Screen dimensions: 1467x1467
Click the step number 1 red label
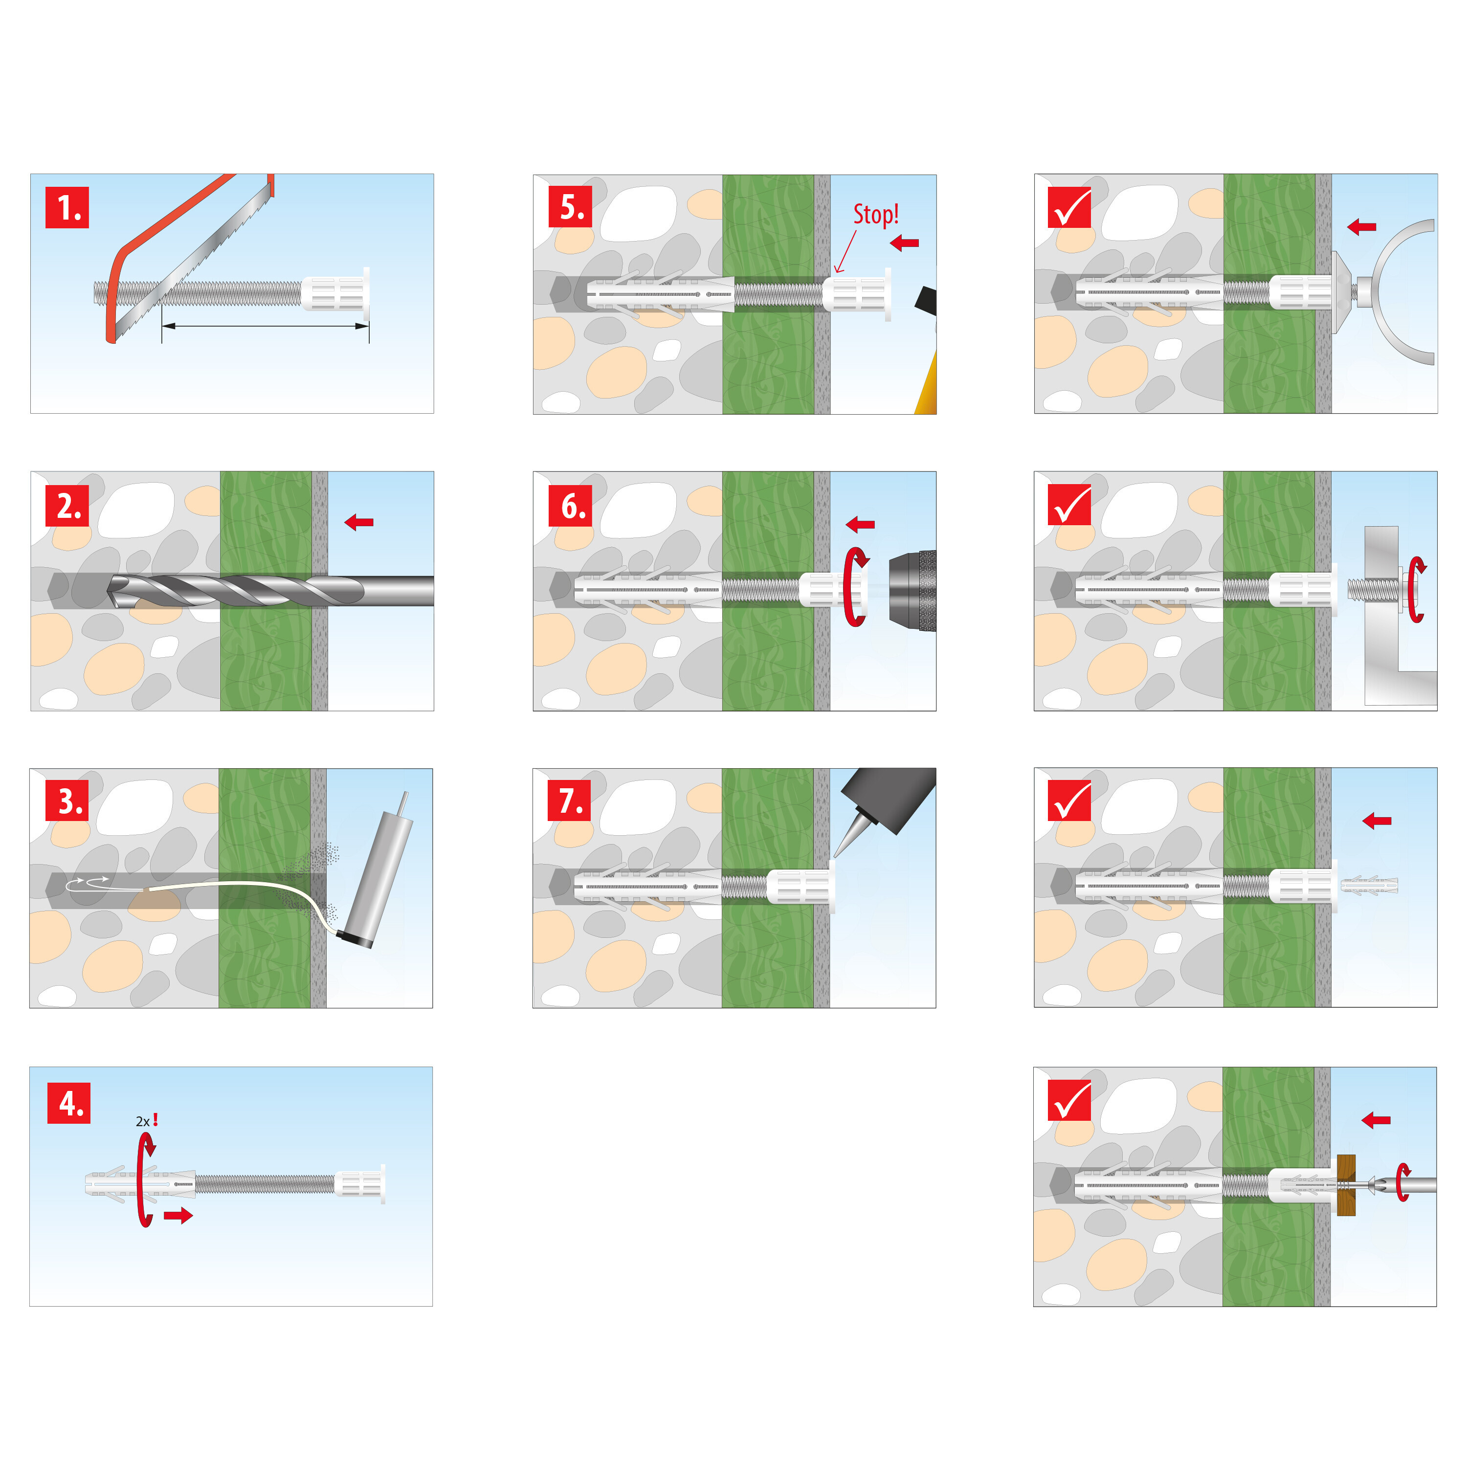tap(67, 207)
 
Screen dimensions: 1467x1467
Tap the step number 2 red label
tap(67, 506)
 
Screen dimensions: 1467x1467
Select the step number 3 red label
tap(67, 801)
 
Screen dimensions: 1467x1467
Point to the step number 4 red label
tap(68, 1103)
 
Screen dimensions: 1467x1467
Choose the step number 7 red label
tap(570, 800)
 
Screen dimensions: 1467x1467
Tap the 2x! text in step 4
tap(147, 1121)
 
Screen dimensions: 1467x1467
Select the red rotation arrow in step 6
tap(856, 586)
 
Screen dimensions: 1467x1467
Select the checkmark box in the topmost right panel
tap(1069, 207)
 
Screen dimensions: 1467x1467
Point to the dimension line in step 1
tap(265, 327)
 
